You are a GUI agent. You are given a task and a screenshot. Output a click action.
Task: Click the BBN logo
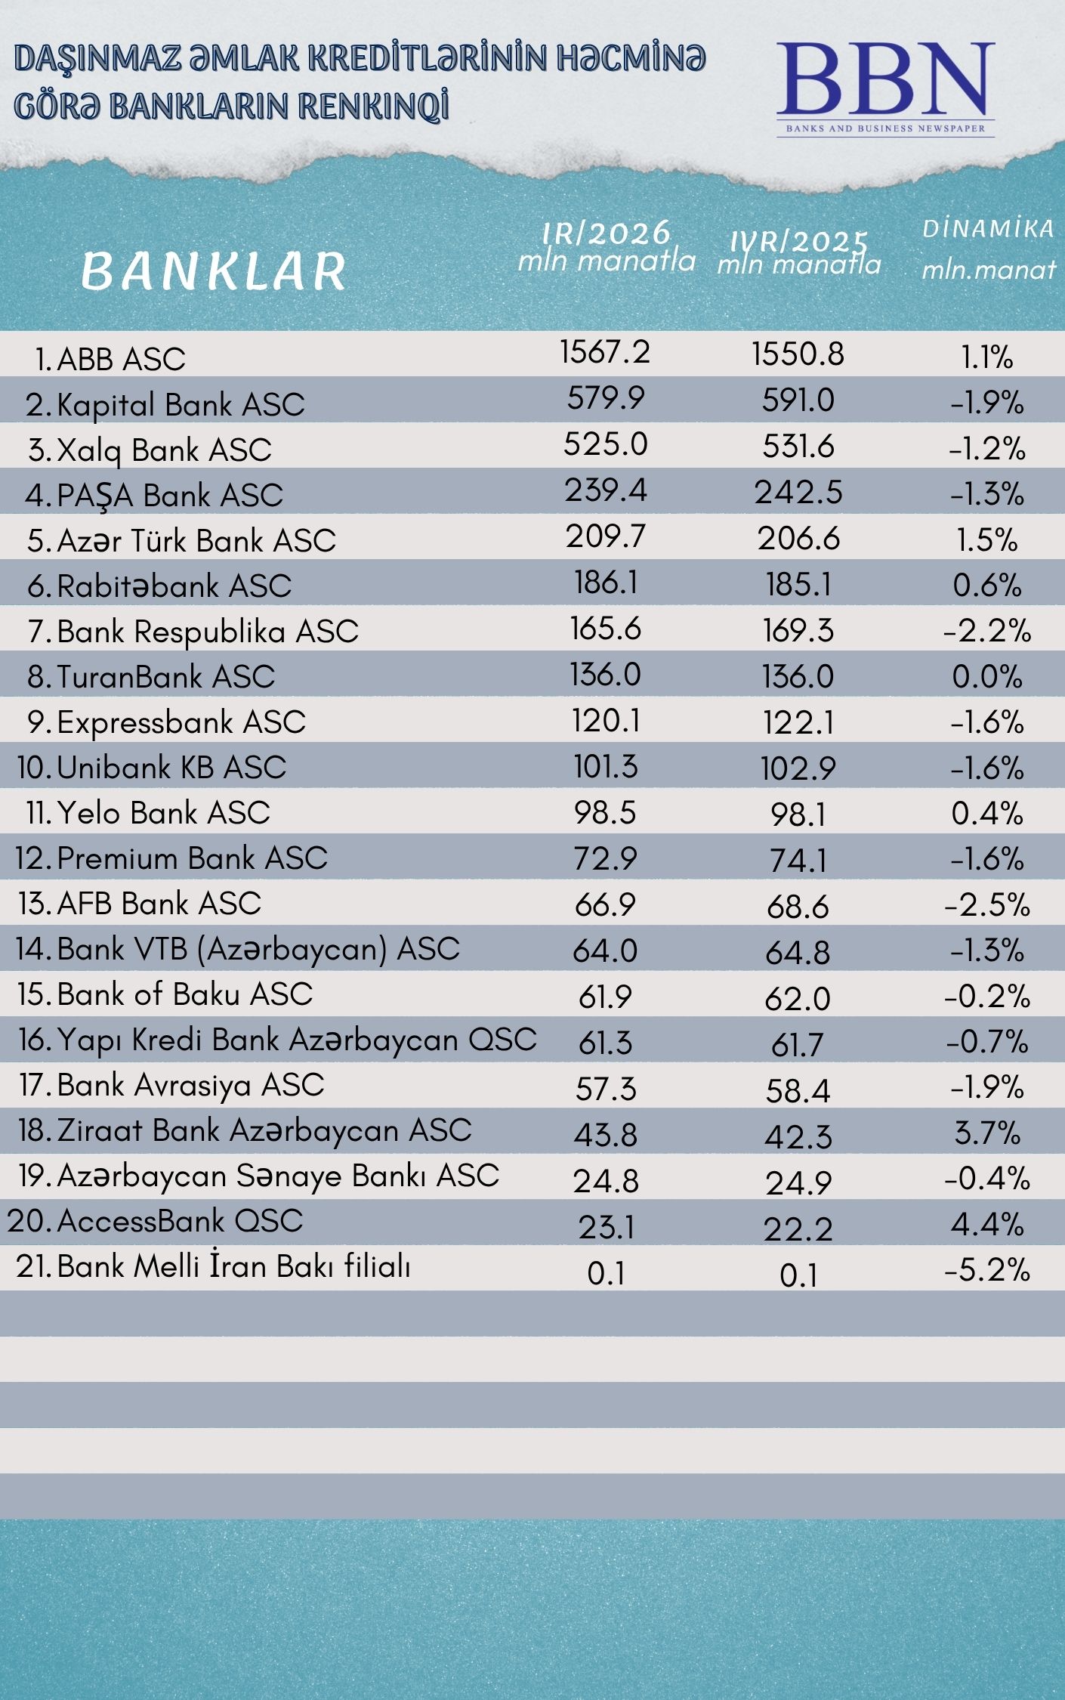coord(885,87)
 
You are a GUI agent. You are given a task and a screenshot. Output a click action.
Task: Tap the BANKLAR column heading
coord(214,271)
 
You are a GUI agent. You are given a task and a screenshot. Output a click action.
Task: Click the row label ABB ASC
coord(121,359)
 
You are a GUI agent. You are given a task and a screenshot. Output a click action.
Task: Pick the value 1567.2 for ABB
coord(605,352)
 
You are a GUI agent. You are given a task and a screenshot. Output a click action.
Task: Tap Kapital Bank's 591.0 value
coord(798,400)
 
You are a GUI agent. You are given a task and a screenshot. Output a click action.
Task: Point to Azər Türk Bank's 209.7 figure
coord(606,536)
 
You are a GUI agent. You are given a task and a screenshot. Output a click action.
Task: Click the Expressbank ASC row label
coord(181,722)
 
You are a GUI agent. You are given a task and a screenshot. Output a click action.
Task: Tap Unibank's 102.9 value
coord(798,768)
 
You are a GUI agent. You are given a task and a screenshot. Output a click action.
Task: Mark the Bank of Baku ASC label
coord(184,994)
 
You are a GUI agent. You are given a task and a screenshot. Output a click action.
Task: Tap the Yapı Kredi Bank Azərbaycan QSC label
coord(296,1040)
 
